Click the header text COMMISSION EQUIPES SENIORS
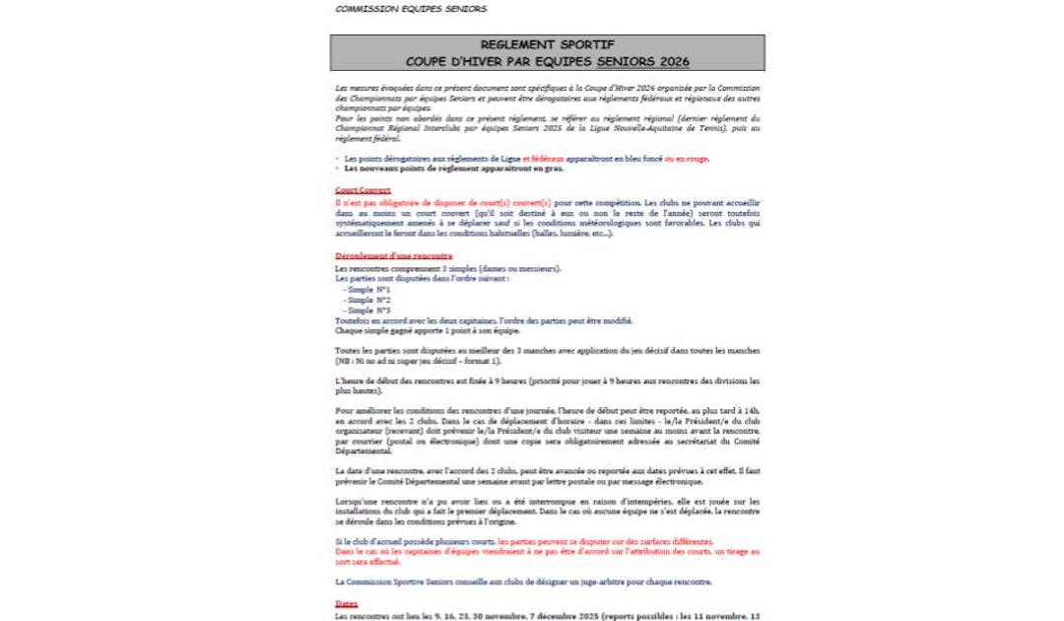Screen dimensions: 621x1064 click(x=410, y=9)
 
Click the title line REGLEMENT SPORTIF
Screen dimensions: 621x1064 click(x=547, y=45)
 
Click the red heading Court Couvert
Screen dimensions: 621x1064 click(x=363, y=190)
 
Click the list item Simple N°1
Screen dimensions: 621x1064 click(x=369, y=290)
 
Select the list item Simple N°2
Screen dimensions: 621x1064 click(x=369, y=300)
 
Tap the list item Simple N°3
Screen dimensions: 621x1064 click(x=369, y=310)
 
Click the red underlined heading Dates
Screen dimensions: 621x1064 click(x=346, y=603)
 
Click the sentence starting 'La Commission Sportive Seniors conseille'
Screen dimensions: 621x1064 click(x=522, y=582)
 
